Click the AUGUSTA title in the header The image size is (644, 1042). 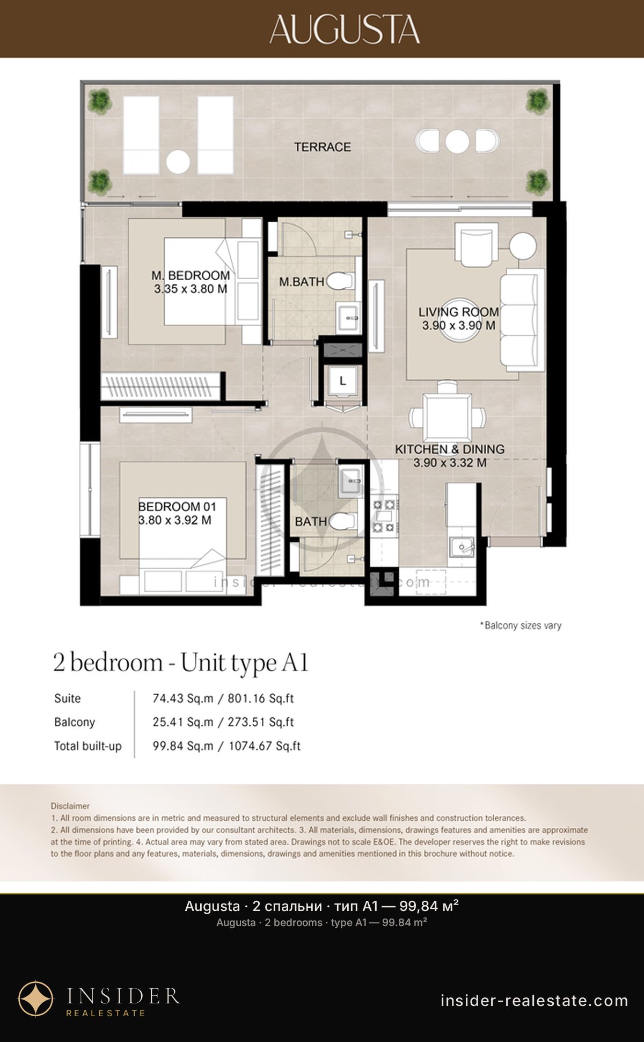click(345, 29)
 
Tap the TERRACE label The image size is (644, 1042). click(323, 147)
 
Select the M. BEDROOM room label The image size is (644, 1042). click(191, 275)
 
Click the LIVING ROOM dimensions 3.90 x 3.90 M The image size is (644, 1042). click(459, 325)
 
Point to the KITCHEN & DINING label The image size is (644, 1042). click(450, 449)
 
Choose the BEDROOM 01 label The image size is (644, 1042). click(177, 507)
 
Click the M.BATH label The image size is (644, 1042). click(302, 282)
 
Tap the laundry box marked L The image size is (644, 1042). click(343, 381)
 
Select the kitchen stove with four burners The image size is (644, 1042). click(384, 516)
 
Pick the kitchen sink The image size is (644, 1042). click(461, 547)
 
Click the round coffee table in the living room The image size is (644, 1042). click(459, 319)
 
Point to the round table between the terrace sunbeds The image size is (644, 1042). click(178, 162)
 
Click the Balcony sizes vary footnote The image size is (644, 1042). click(521, 625)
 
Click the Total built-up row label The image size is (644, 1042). click(88, 746)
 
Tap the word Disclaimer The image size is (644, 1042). click(70, 806)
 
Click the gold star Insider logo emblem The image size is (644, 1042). click(36, 999)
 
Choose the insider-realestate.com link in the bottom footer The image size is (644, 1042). click(534, 1001)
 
